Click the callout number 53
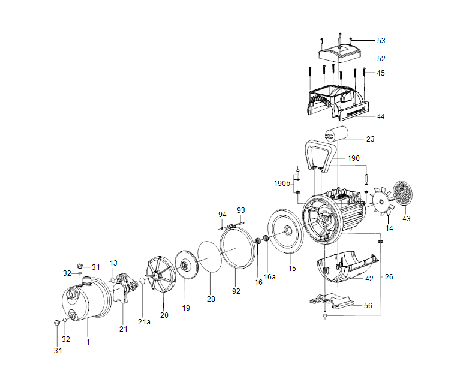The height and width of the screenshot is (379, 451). [x=381, y=41]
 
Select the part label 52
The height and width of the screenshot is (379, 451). [x=381, y=59]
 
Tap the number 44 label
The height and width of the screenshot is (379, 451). [x=381, y=116]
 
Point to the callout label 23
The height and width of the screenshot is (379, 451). [x=370, y=139]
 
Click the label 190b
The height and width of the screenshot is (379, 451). [x=282, y=183]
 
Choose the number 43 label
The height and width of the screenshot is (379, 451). [x=407, y=219]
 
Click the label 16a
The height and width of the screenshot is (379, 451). [x=270, y=277]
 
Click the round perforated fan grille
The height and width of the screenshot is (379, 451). [x=403, y=193]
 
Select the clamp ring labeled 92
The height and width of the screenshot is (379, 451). [x=236, y=252]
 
